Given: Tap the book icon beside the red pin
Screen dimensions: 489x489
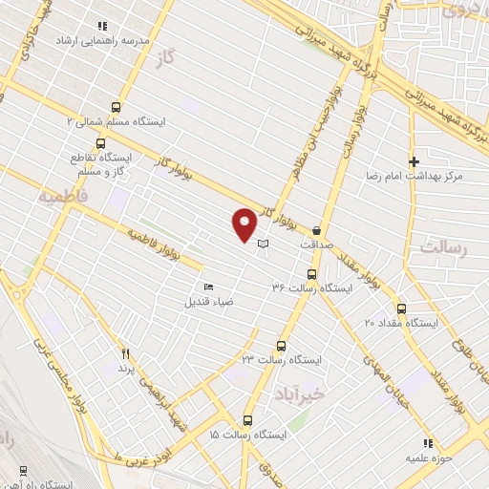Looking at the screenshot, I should (264, 244).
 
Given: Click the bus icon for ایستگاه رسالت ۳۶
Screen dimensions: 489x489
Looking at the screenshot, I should (326, 273).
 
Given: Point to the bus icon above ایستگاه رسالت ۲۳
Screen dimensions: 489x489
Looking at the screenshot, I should (281, 346).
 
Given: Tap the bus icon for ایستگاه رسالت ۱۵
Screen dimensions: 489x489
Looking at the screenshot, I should (248, 420).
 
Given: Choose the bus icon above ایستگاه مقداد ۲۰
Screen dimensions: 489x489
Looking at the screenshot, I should (400, 309).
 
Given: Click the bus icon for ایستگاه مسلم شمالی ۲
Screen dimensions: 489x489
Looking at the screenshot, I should (117, 108).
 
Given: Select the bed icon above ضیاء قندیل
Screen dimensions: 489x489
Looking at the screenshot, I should (209, 287).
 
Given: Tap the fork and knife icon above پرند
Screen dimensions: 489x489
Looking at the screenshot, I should (123, 352).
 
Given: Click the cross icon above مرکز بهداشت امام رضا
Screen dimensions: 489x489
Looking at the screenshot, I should (413, 161).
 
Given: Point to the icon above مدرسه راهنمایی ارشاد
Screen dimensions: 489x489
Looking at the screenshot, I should (102, 26).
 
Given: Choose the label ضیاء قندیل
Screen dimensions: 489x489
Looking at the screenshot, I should (209, 301).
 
